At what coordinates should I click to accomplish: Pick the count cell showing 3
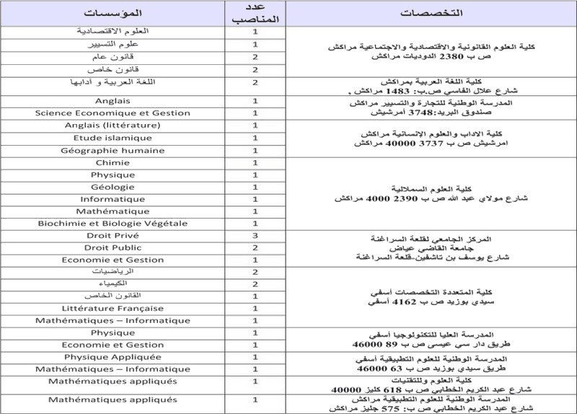[x=255, y=236]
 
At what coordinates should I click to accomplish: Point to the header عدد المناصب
[x=255, y=14]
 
